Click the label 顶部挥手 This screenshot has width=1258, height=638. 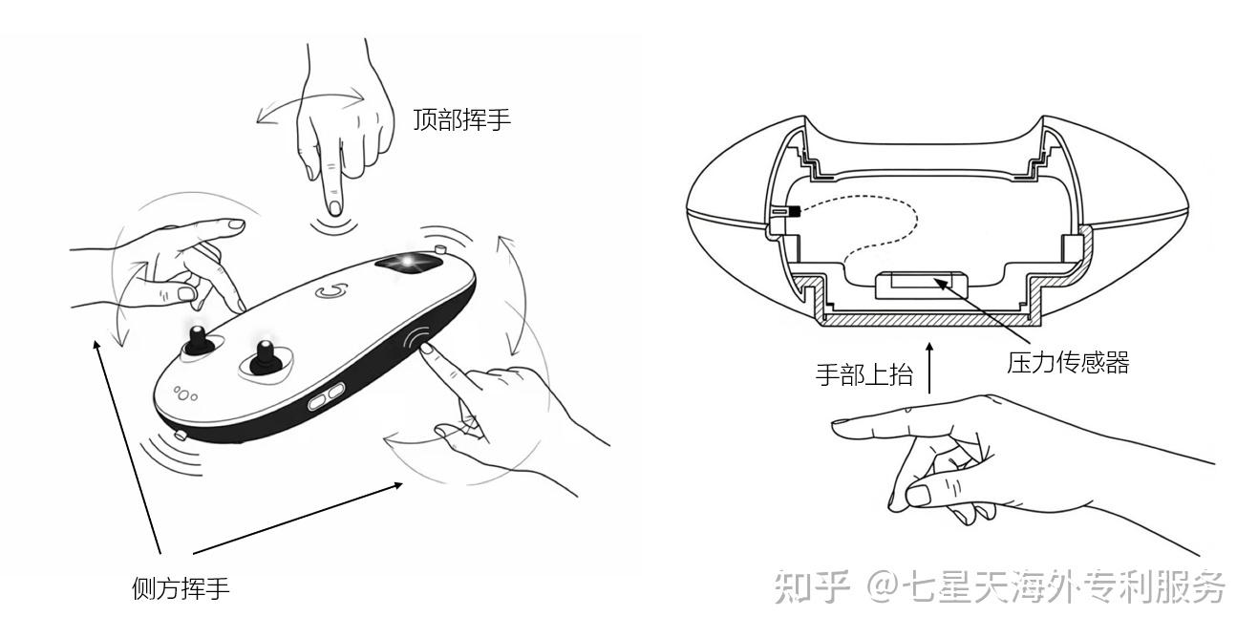(x=461, y=119)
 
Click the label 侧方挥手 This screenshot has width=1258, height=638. (x=181, y=588)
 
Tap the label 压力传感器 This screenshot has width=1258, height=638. (x=1068, y=363)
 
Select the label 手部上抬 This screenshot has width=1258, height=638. (x=864, y=374)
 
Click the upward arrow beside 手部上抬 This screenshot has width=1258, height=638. (x=929, y=368)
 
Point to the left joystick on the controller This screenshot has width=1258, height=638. (x=199, y=341)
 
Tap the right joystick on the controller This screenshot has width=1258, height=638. (x=266, y=357)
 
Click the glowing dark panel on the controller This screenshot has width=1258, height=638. (x=408, y=264)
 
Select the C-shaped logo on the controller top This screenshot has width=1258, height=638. (x=331, y=291)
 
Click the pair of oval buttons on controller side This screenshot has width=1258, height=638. (x=326, y=396)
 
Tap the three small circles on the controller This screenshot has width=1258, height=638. (x=184, y=393)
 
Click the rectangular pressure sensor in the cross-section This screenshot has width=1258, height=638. (x=921, y=285)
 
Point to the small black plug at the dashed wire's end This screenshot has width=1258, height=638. (x=794, y=212)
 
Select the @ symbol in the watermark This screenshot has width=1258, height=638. (x=884, y=587)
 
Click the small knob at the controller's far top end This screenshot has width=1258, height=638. (x=441, y=248)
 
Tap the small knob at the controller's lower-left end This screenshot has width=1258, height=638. (x=181, y=435)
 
